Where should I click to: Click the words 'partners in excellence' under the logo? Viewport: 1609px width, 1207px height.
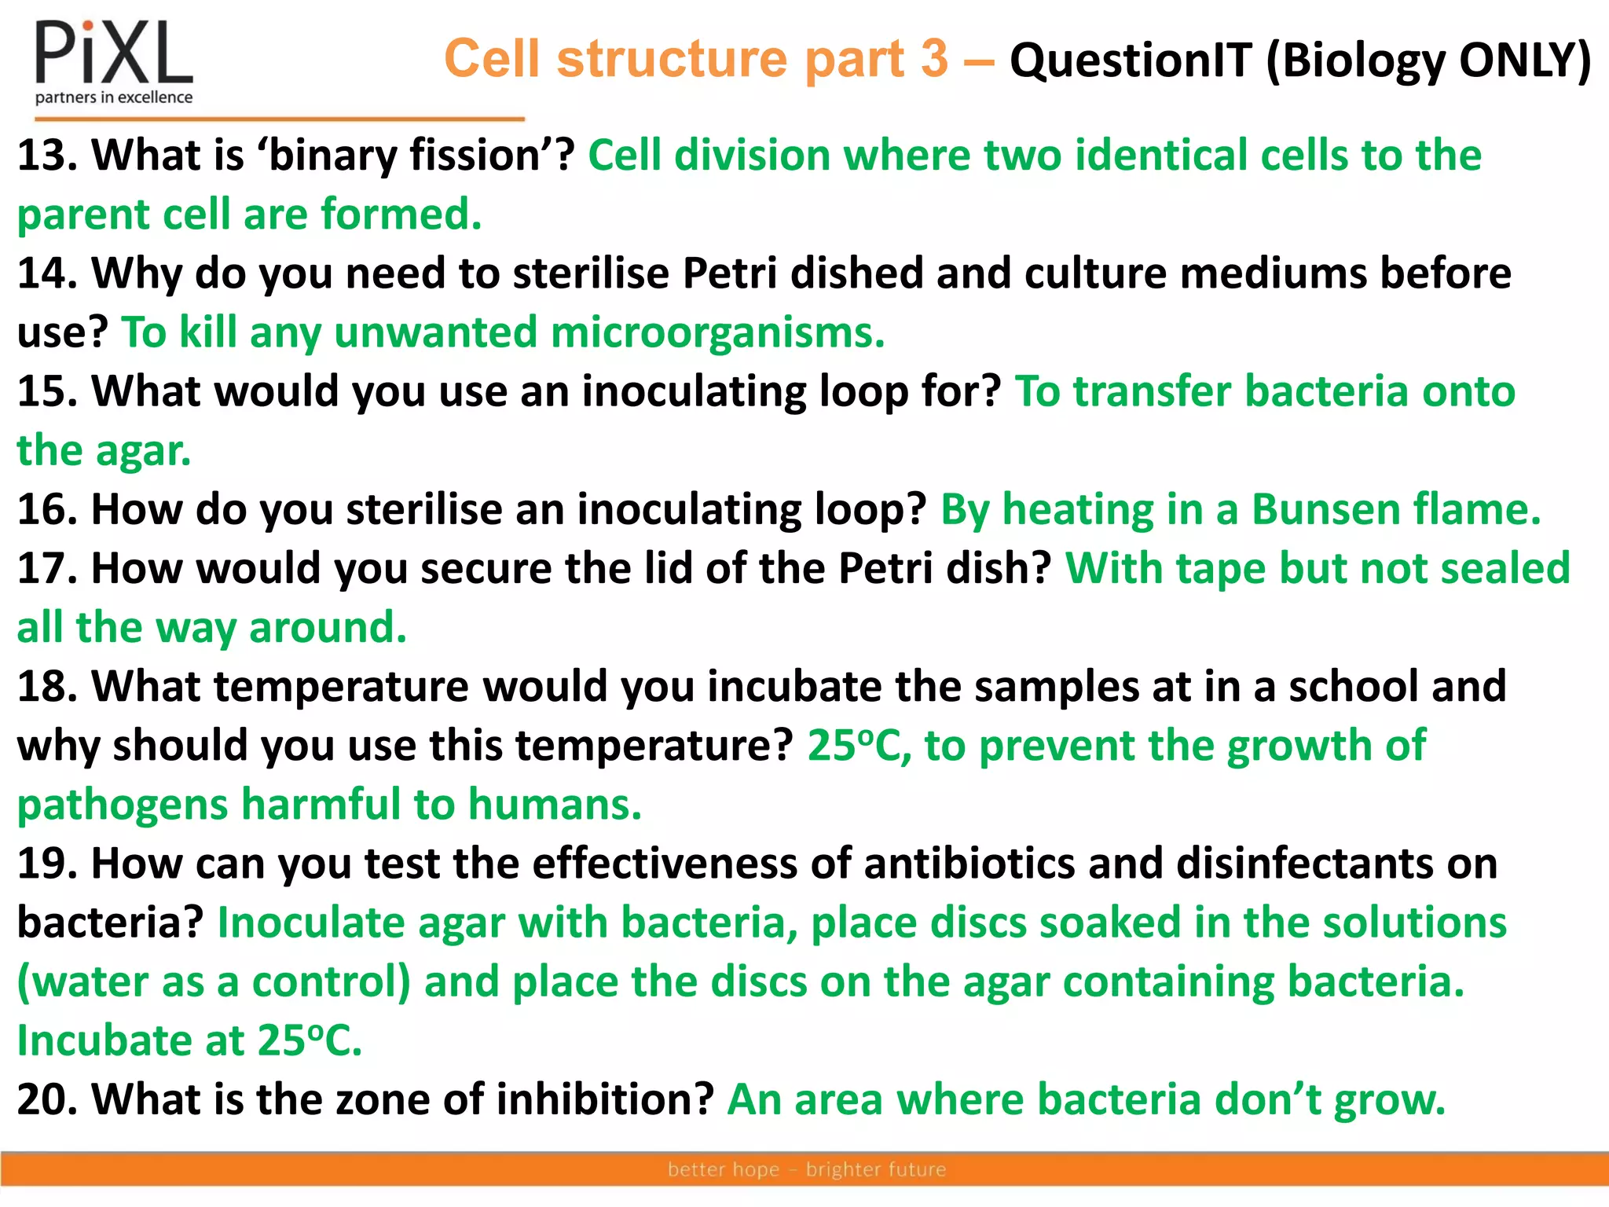(x=114, y=97)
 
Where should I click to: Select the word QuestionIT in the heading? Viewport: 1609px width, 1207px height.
(x=1130, y=61)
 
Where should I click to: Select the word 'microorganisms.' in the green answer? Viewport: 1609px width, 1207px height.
(x=717, y=332)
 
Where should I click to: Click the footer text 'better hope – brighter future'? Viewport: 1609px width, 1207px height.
(x=806, y=1169)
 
